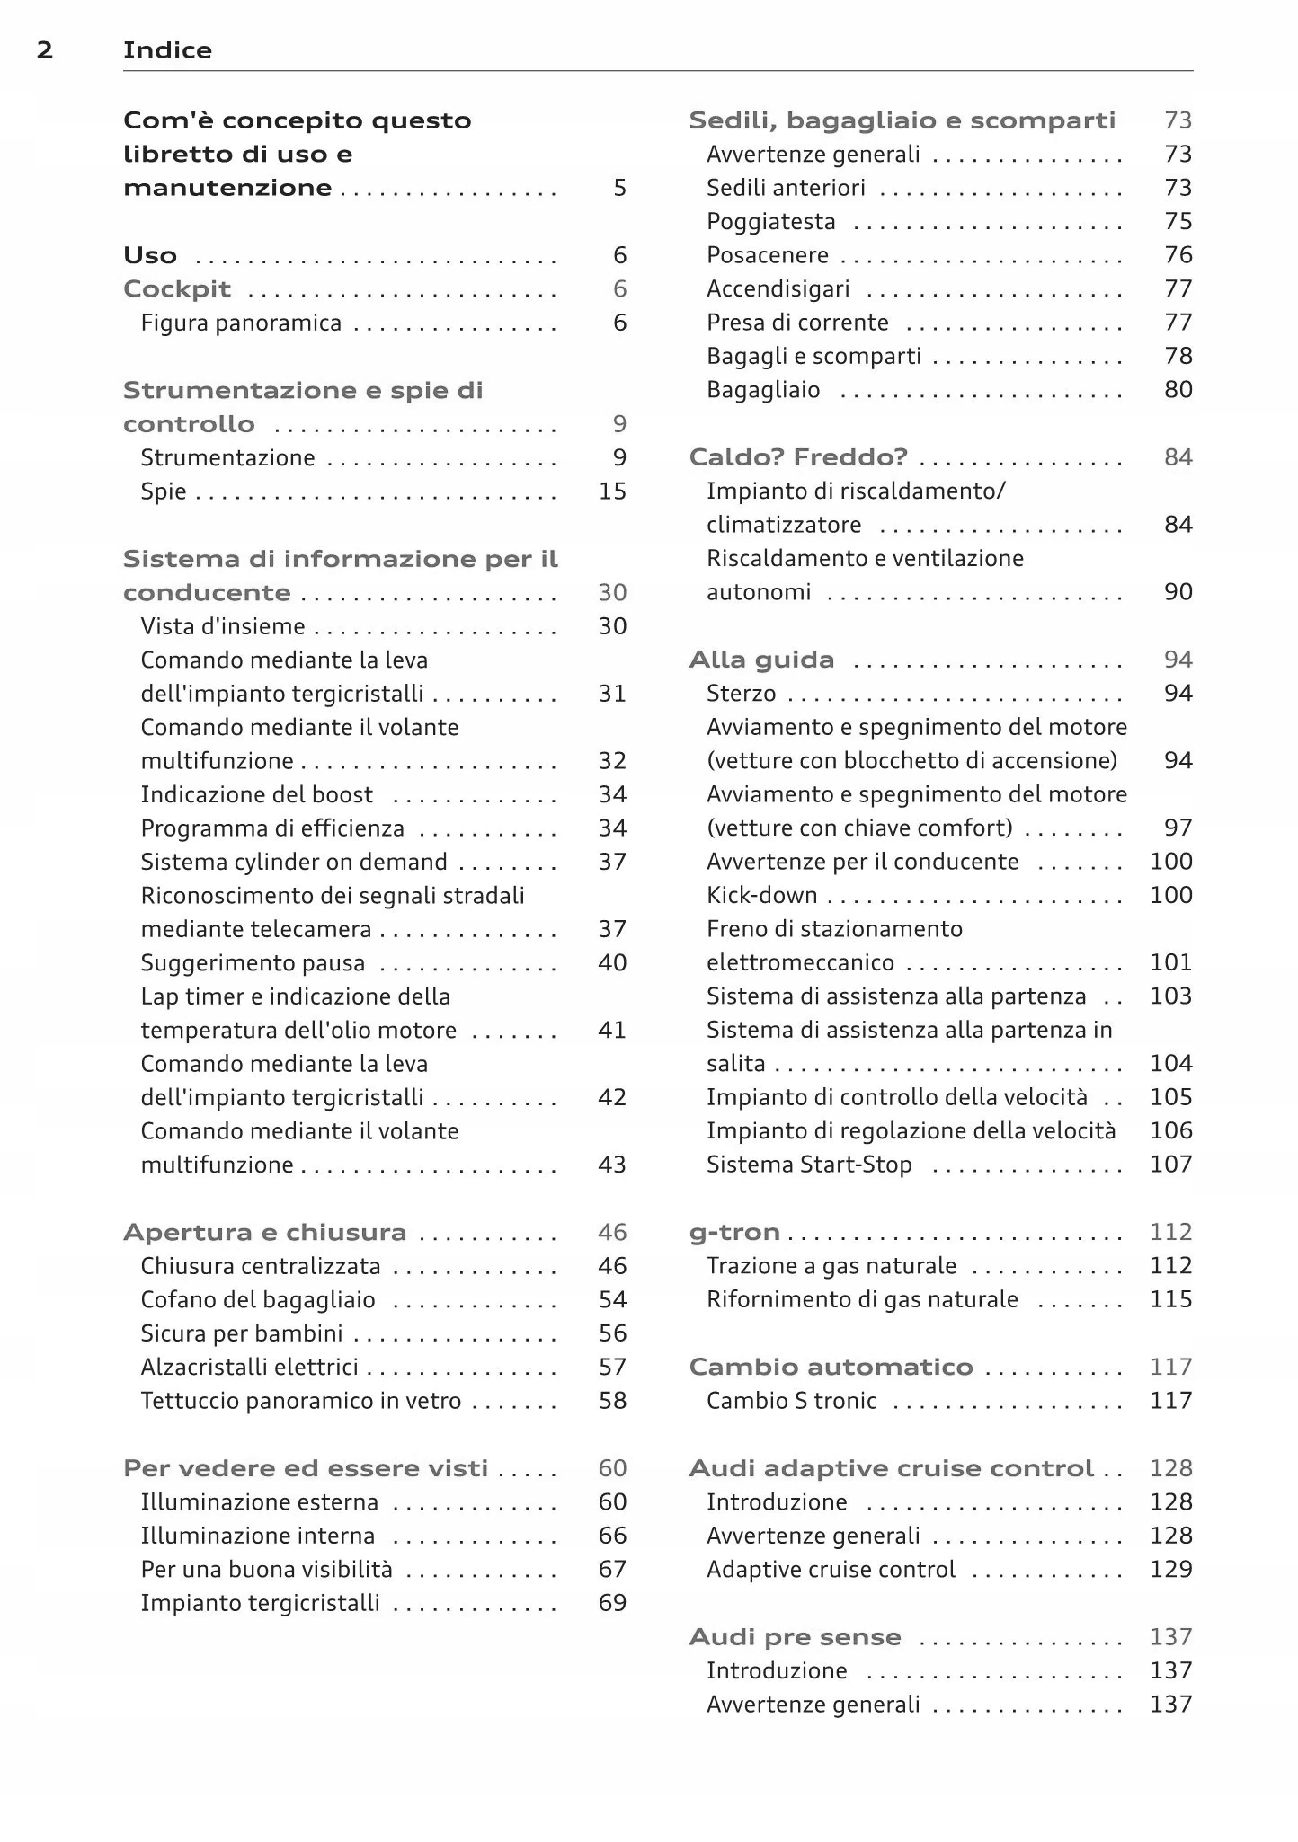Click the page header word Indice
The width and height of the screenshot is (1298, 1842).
[x=167, y=50]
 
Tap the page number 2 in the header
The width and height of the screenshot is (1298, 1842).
[x=44, y=50]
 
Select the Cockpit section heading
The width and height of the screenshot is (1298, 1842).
[x=177, y=289]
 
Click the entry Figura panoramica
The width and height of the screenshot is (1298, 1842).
[x=241, y=323]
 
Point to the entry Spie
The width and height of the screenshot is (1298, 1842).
[x=164, y=491]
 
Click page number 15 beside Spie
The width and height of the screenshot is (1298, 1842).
[x=612, y=491]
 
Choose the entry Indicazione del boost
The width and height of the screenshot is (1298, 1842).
[x=256, y=795]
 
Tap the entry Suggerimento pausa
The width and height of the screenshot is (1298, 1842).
[x=253, y=963]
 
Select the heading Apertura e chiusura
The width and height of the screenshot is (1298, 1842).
[x=264, y=1233]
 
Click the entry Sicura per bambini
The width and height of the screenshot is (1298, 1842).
[x=242, y=1333]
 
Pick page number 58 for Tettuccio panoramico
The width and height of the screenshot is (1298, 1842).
[x=612, y=1401]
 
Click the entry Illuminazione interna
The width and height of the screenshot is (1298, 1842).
[x=257, y=1536]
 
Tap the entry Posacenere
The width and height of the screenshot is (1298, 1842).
[x=768, y=255]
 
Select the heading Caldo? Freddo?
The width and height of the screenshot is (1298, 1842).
[x=798, y=457]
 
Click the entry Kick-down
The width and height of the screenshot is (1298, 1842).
[x=761, y=896]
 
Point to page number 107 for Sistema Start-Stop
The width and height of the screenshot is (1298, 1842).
[x=1170, y=1165]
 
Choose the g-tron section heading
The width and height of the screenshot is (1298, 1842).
[x=734, y=1233]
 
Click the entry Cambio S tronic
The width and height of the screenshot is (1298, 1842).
[x=791, y=1401]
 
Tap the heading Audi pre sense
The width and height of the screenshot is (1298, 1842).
[x=795, y=1637]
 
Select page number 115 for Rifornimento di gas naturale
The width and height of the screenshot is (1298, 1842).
[x=1170, y=1299]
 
